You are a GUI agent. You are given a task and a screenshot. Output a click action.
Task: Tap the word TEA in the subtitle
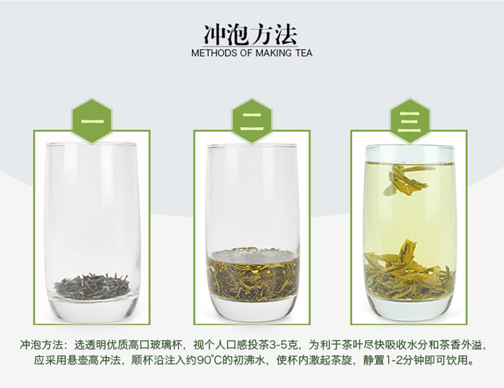[x=303, y=53]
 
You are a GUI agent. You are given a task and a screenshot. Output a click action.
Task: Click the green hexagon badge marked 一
[x=92, y=121]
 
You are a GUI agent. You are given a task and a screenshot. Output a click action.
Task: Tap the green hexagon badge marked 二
[x=252, y=121]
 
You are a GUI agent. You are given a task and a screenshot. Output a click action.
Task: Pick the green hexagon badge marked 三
[x=409, y=121]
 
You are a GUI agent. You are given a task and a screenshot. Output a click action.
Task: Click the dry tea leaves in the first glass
[x=92, y=286]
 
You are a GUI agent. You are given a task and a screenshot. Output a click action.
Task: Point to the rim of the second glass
[x=252, y=147]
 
